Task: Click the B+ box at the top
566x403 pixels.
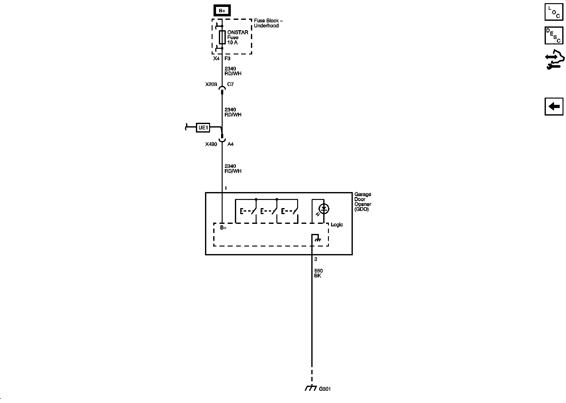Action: point(222,11)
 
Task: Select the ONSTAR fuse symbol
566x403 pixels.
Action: point(222,37)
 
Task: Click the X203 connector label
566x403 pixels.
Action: point(211,84)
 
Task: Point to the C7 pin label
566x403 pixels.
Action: point(230,84)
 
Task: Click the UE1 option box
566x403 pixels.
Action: point(203,128)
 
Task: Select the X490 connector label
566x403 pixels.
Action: point(211,144)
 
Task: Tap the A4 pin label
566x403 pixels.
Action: point(230,144)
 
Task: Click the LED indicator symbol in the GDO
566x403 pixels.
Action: point(324,208)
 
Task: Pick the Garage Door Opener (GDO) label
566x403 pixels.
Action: point(363,202)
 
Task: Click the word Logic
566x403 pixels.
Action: point(337,225)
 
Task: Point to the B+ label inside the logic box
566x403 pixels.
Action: point(223,228)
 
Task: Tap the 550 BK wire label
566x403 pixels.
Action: point(318,273)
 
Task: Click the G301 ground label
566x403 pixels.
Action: point(325,389)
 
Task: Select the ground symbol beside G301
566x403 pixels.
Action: point(311,388)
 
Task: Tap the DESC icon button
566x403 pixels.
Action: point(554,36)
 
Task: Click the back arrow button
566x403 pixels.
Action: point(554,106)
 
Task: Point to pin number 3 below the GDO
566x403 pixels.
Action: point(316,259)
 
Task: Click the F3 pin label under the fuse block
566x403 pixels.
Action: point(227,59)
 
